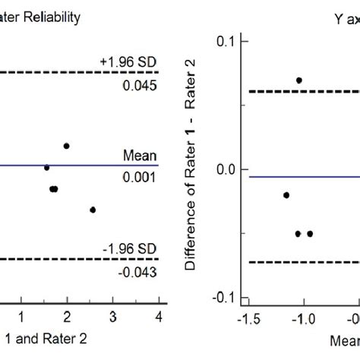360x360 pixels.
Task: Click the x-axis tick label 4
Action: [157, 314]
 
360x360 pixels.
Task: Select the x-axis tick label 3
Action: [112, 314]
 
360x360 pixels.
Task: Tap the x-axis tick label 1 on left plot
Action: [22, 314]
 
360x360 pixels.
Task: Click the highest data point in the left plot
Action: [67, 146]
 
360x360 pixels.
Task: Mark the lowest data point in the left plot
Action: [93, 210]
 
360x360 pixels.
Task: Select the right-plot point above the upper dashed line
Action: [299, 80]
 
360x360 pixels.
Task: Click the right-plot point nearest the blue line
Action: [286, 195]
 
